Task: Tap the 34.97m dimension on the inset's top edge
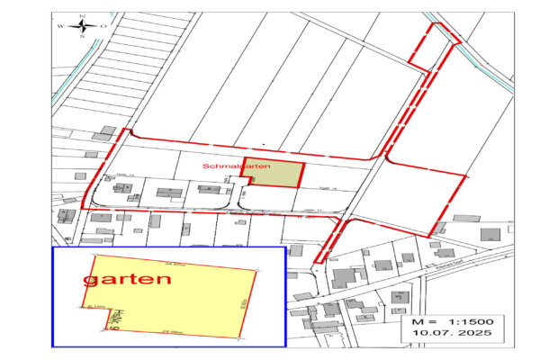click(175, 263)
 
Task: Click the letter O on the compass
click(103, 27)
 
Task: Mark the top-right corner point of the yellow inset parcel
click(257, 272)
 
